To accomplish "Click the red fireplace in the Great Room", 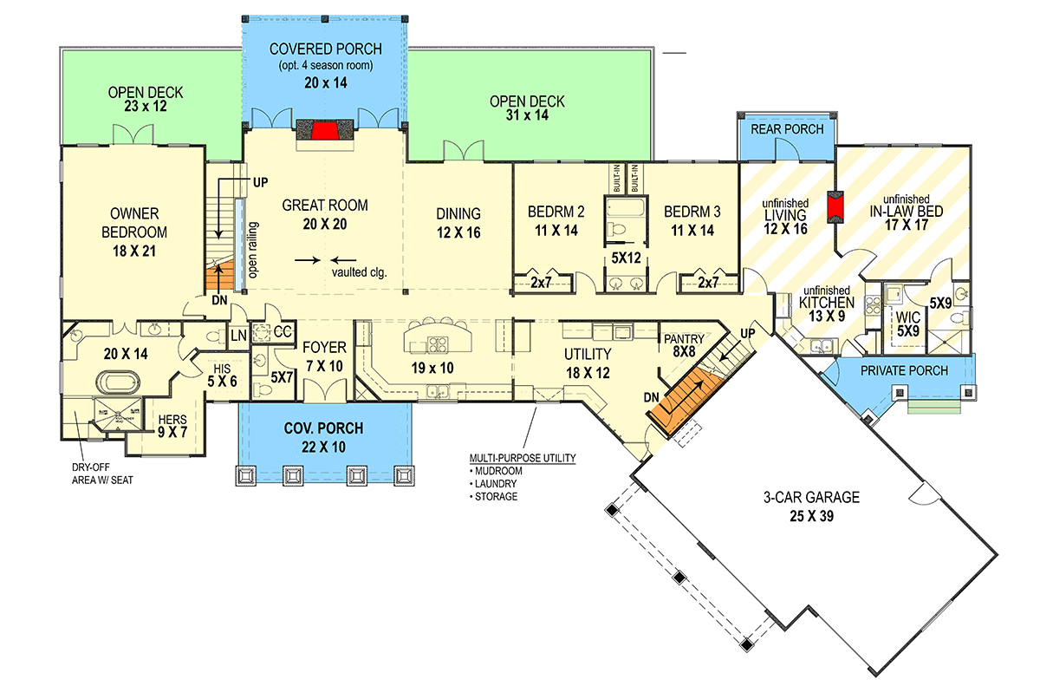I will click(325, 131).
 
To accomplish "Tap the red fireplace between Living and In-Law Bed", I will click(835, 207).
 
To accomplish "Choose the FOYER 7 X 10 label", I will click(324, 355).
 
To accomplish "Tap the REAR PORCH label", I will click(785, 130).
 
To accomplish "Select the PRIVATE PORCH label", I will click(905, 370).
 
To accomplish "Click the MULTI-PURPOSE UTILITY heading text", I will click(523, 457).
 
